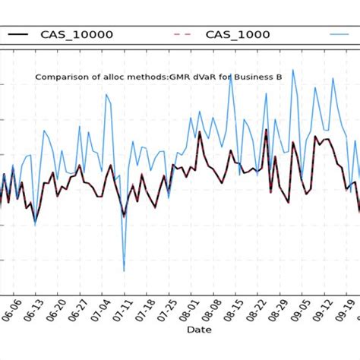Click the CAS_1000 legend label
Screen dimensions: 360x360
tap(238, 35)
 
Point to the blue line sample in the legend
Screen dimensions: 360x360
tap(344, 35)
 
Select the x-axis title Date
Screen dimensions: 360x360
tap(199, 330)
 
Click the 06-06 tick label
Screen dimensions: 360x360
tap(9, 311)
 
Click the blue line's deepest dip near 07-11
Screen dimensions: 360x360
tap(124, 270)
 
